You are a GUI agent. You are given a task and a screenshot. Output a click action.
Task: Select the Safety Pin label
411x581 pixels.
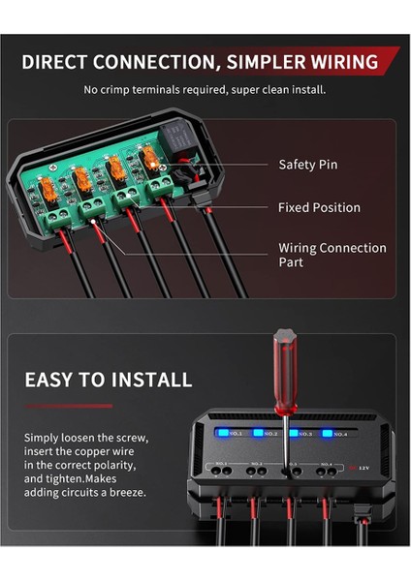coord(307,165)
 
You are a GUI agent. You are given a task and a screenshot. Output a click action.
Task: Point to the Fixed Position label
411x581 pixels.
coord(319,207)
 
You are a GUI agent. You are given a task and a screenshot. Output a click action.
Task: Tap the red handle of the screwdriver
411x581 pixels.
coord(286,358)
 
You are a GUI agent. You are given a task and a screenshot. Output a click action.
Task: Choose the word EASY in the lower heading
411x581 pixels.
coord(51,380)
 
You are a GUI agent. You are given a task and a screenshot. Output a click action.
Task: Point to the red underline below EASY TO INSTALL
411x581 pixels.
coord(68,406)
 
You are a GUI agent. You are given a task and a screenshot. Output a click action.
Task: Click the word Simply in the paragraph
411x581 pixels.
coord(42,438)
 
